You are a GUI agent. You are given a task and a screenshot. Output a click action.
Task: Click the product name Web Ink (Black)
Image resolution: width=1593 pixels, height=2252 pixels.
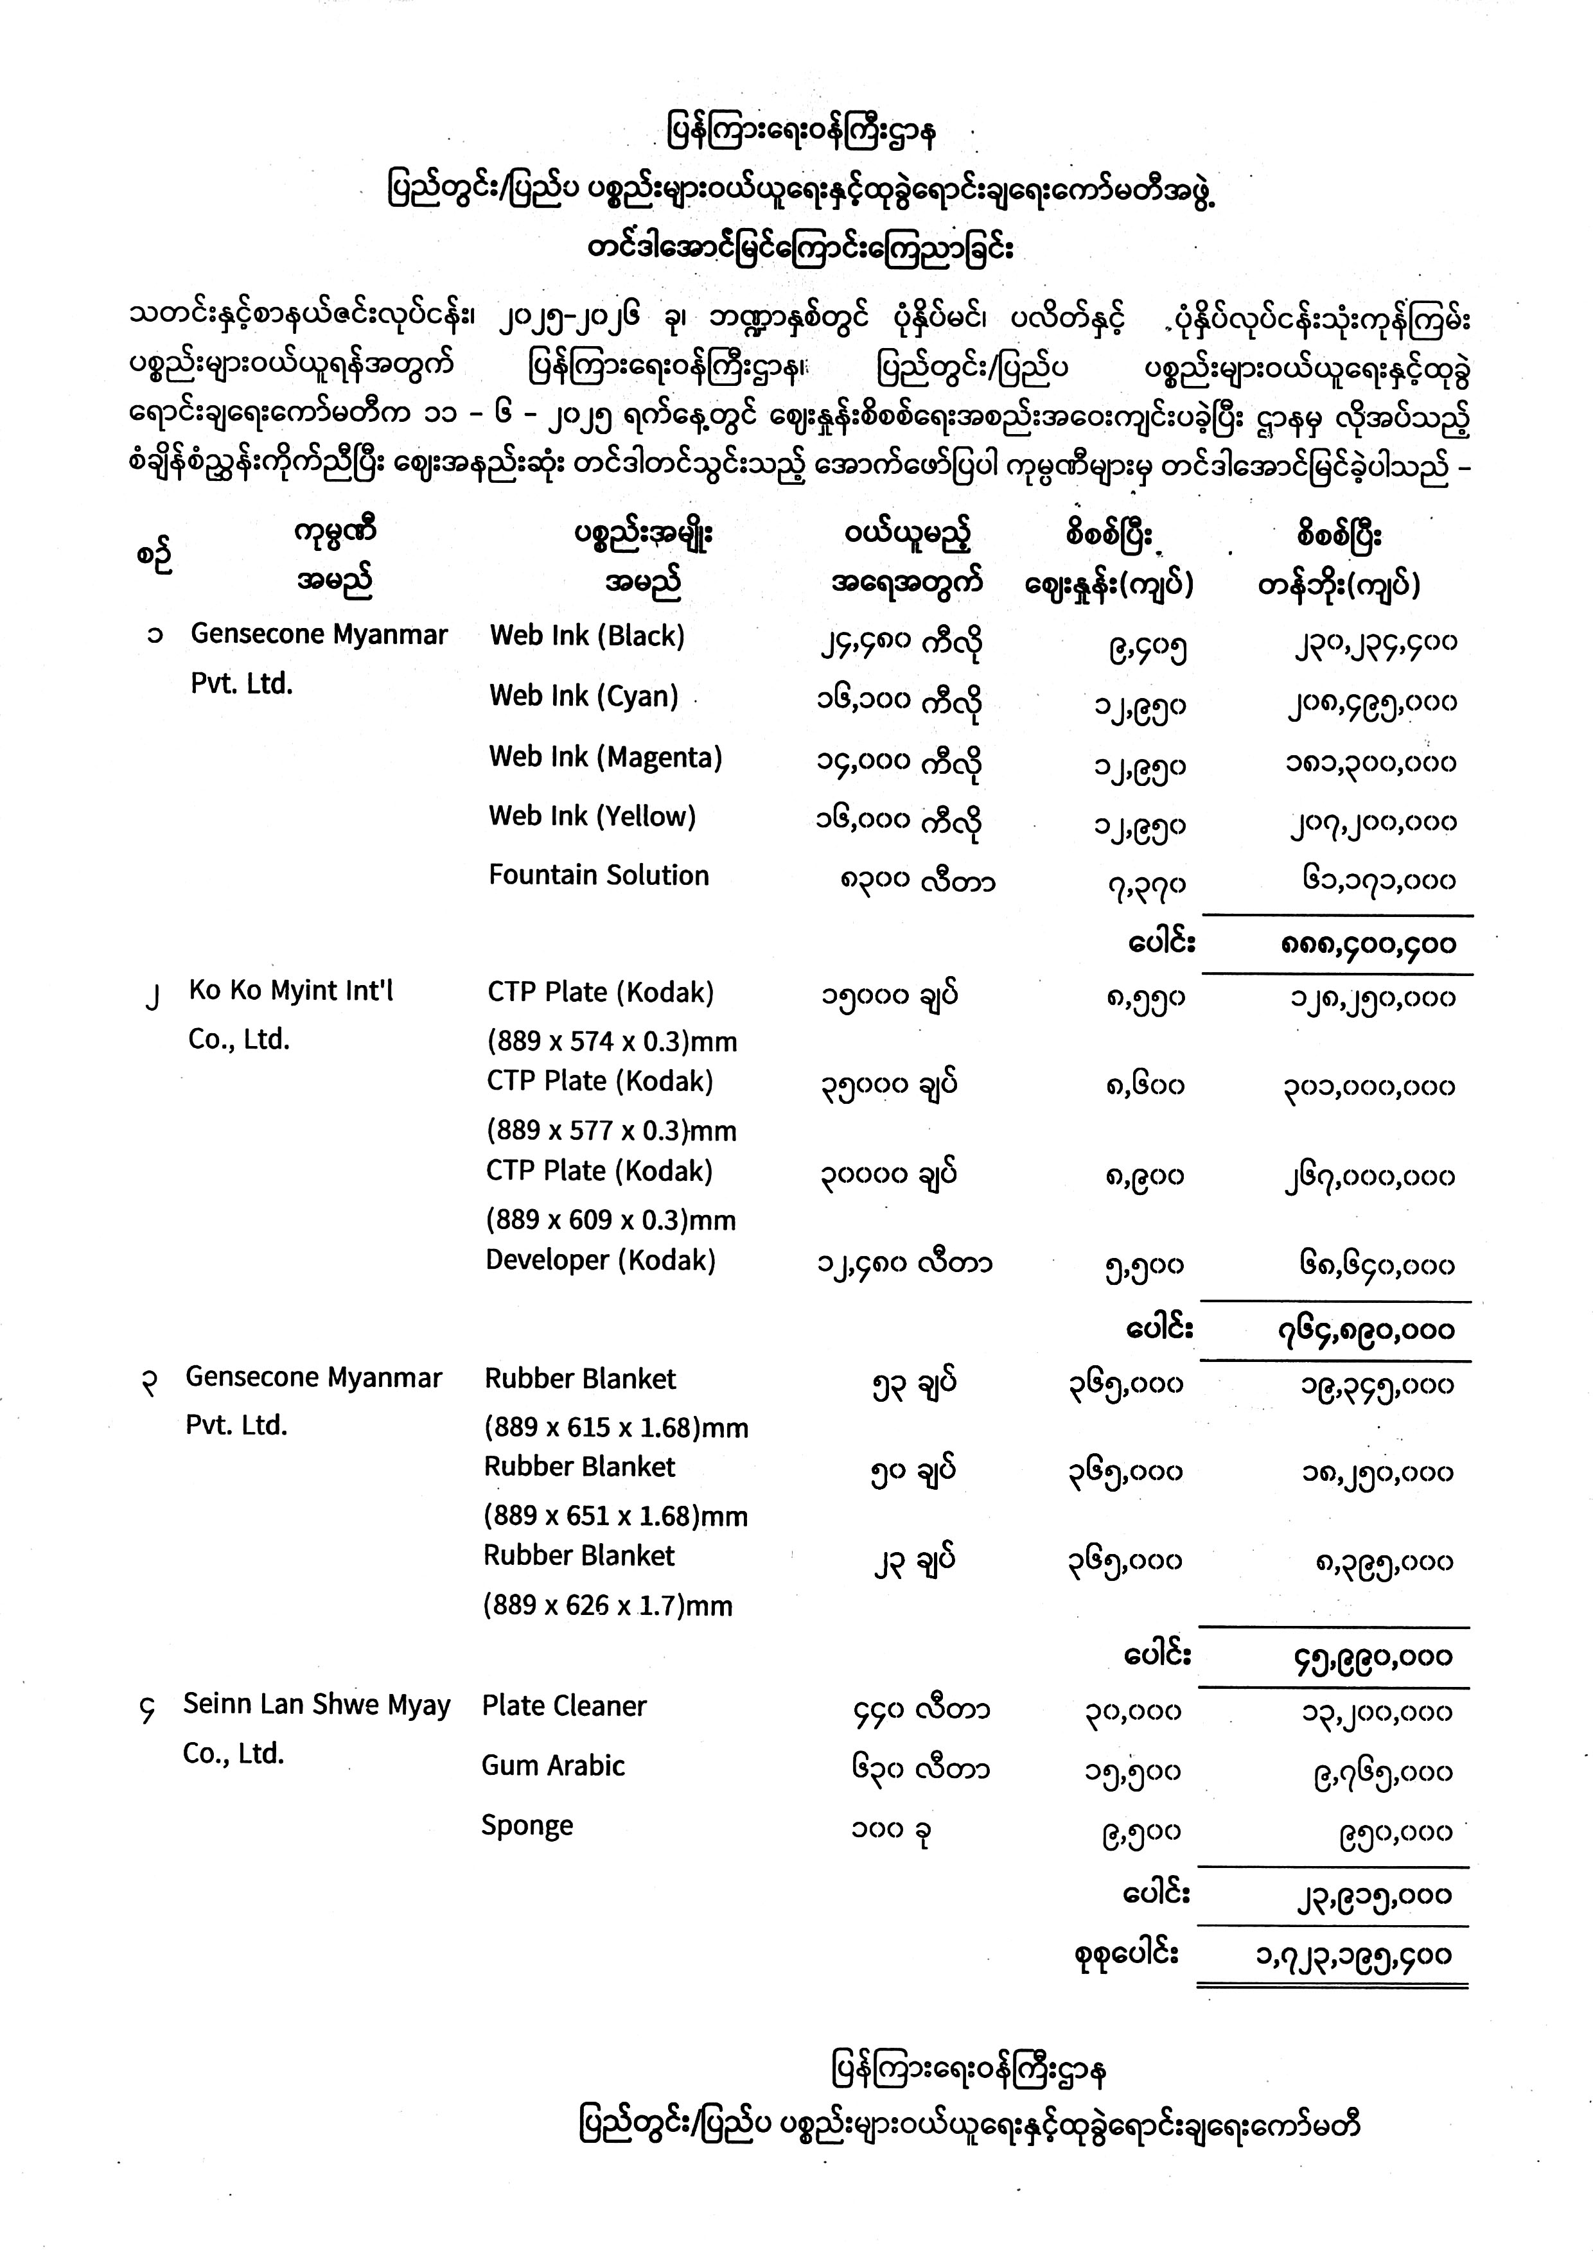586,636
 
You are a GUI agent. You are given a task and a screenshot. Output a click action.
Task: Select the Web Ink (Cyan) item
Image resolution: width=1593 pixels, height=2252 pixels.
584,696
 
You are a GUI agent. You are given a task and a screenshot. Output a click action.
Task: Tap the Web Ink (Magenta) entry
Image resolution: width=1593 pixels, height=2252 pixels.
605,757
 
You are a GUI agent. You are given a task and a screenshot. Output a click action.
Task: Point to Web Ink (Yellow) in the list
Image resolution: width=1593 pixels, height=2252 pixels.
592,816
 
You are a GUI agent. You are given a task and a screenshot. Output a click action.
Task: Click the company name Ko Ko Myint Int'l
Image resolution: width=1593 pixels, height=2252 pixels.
290,991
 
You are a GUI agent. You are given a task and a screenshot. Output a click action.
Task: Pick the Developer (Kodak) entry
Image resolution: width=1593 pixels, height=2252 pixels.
601,1261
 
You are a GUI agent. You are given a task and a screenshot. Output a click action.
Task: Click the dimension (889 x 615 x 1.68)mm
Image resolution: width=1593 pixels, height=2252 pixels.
615,1428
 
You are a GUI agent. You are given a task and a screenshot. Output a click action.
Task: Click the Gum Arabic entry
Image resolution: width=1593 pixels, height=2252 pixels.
552,1765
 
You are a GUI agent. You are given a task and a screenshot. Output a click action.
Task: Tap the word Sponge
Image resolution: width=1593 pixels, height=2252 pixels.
527,1826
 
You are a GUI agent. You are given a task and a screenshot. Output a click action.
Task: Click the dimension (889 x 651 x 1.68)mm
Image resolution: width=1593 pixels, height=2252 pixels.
615,1516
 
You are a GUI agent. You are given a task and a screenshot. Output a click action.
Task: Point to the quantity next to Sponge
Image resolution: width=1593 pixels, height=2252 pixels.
889,1830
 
